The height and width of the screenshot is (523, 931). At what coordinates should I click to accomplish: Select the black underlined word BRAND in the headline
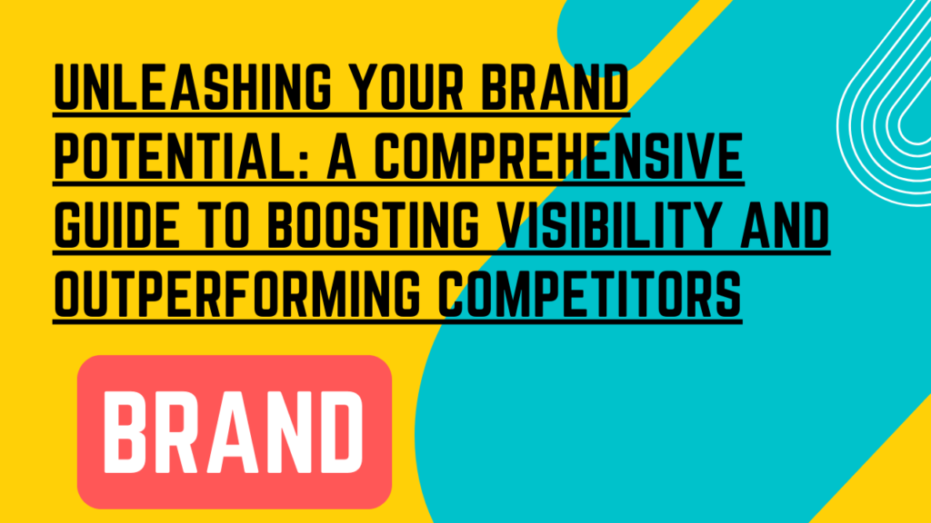click(x=556, y=87)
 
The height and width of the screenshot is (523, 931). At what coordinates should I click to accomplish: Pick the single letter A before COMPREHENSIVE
click(x=342, y=155)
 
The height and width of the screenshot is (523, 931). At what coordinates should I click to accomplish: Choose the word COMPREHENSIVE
click(x=559, y=155)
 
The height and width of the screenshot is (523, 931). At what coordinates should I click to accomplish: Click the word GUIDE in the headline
click(x=116, y=224)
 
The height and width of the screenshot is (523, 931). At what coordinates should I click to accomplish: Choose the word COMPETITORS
click(x=590, y=292)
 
